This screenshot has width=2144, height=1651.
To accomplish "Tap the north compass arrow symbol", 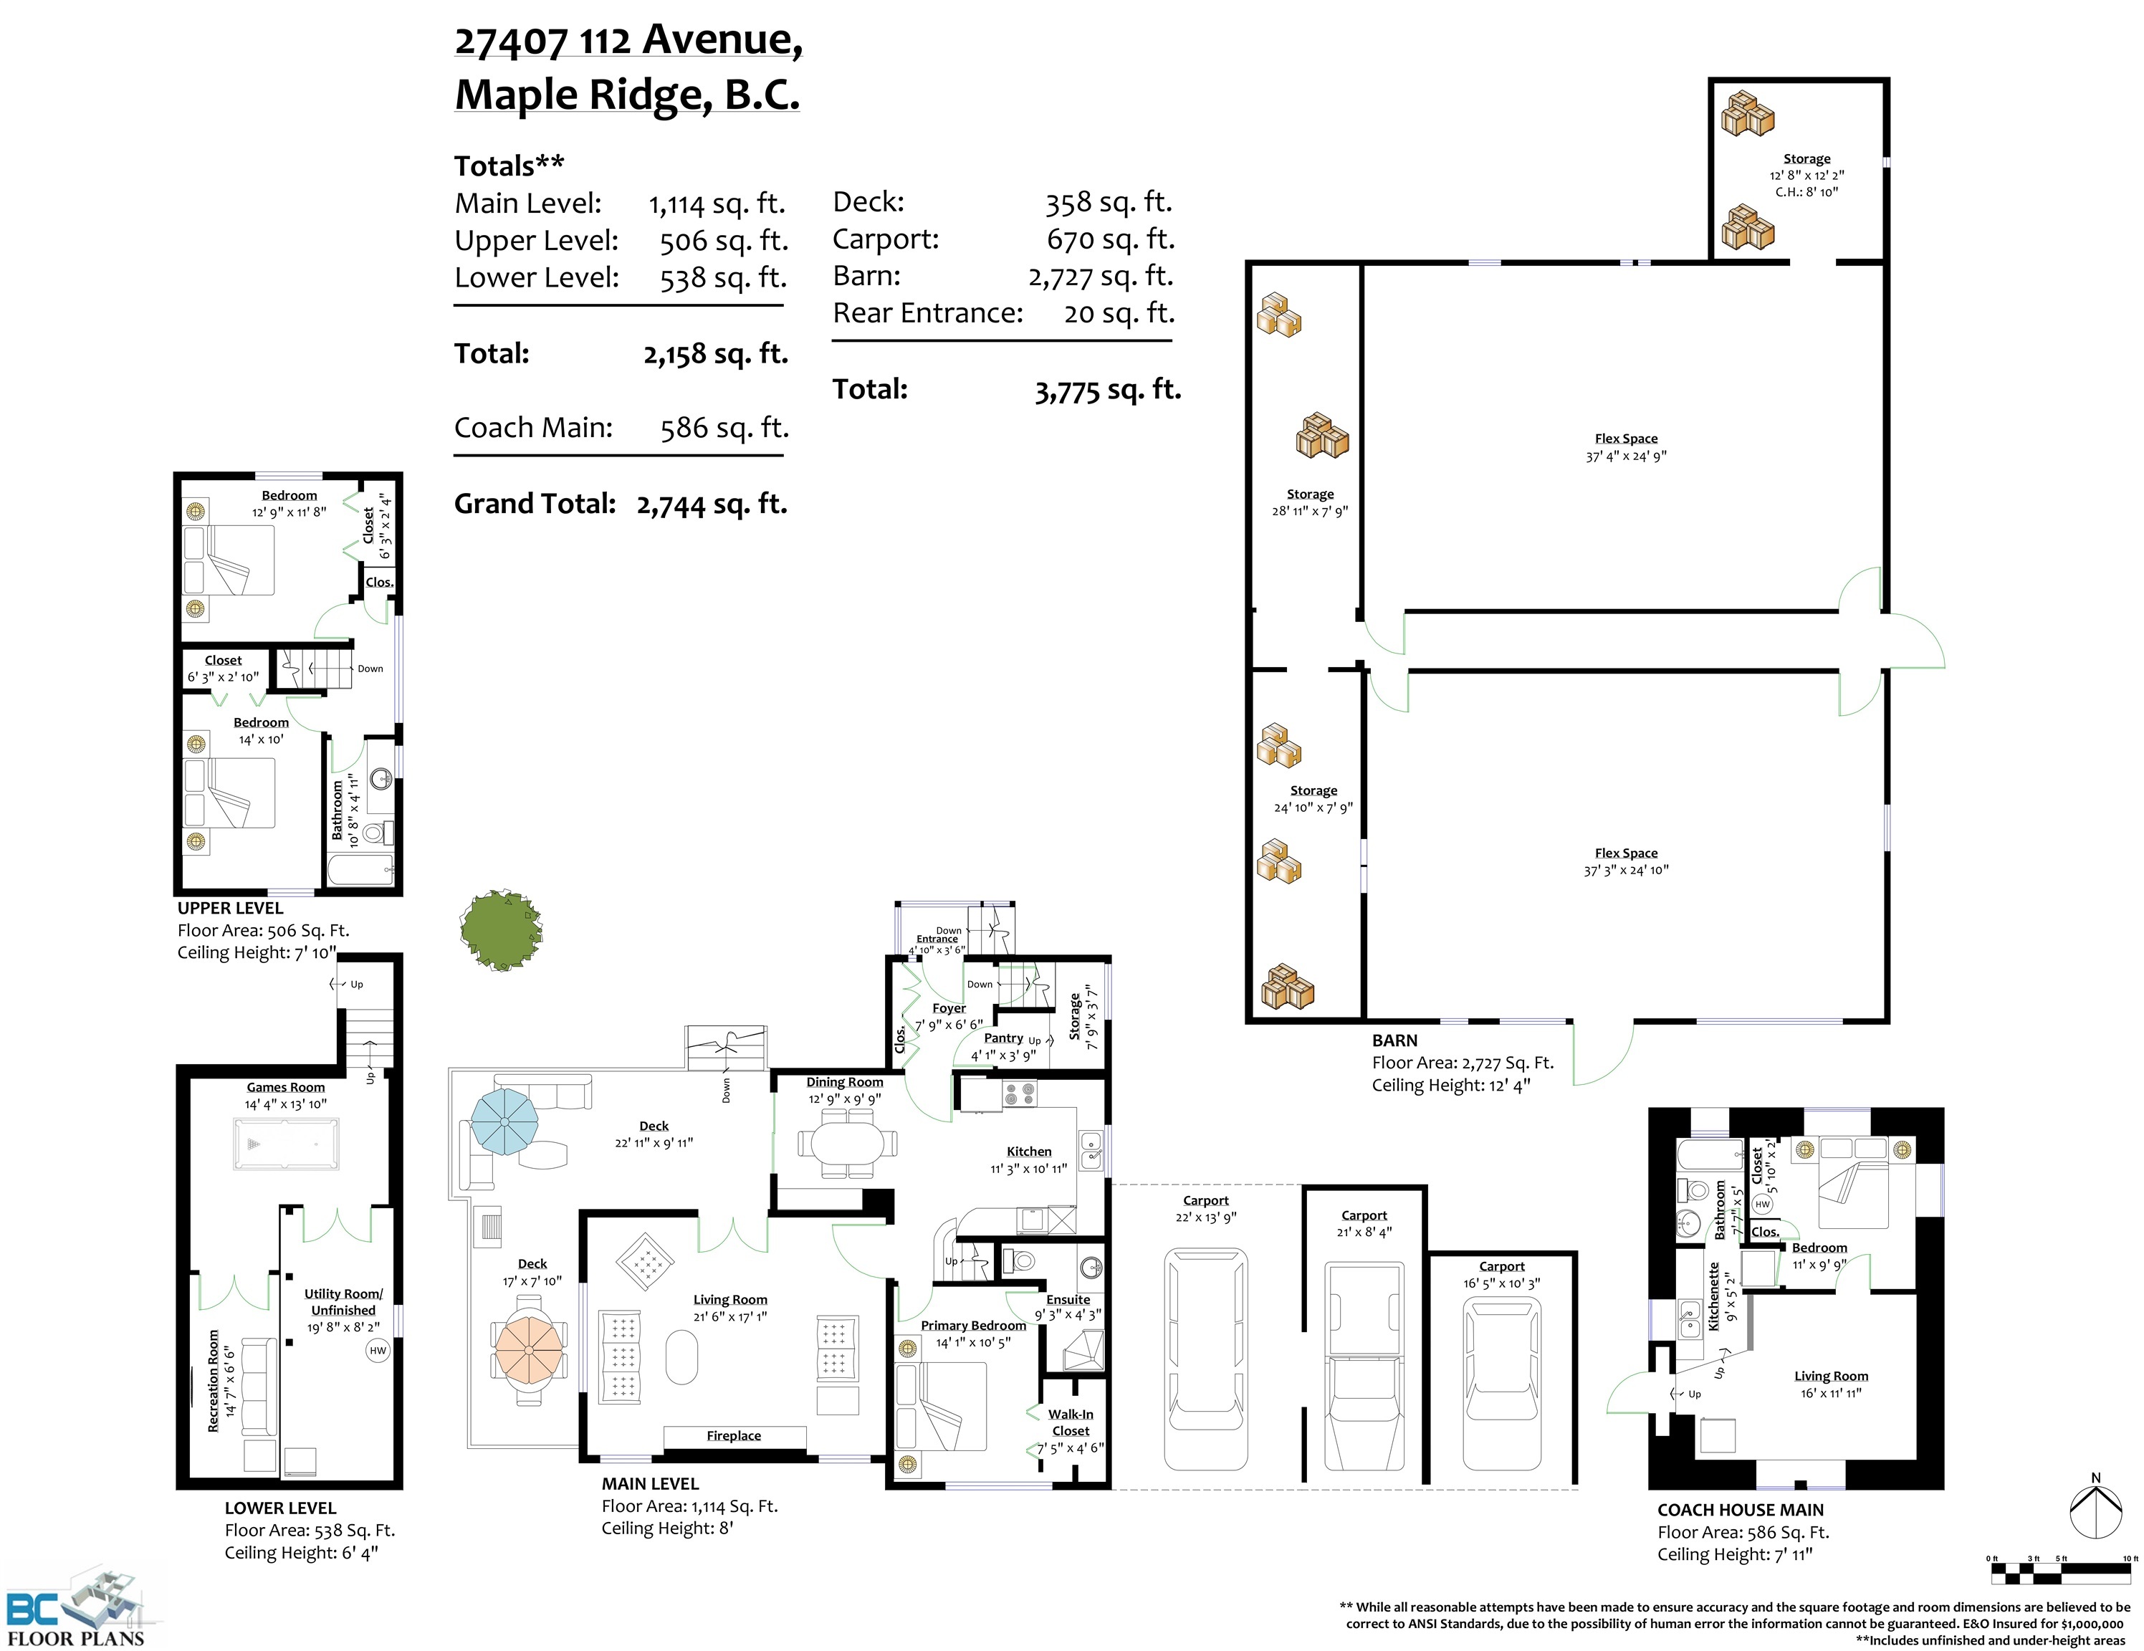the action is point(2095,1511).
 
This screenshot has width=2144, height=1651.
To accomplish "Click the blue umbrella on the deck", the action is point(504,1121).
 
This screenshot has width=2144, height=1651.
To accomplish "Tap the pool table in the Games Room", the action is point(286,1144).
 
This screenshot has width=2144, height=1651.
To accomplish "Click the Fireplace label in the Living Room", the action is point(733,1435).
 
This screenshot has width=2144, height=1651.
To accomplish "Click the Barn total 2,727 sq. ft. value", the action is point(1101,277).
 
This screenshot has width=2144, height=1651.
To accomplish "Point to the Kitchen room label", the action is point(1029,1152).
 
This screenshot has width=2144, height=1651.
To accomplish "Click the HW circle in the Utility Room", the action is point(378,1351).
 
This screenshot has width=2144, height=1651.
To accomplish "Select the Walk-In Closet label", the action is point(1070,1422).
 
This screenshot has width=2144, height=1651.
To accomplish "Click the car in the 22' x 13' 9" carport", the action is point(1205,1359).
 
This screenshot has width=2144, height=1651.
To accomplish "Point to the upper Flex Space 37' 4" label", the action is point(1626,446).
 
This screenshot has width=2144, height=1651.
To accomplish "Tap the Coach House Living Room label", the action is point(1831,1376).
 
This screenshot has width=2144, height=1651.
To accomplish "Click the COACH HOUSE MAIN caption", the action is point(1741,1510).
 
